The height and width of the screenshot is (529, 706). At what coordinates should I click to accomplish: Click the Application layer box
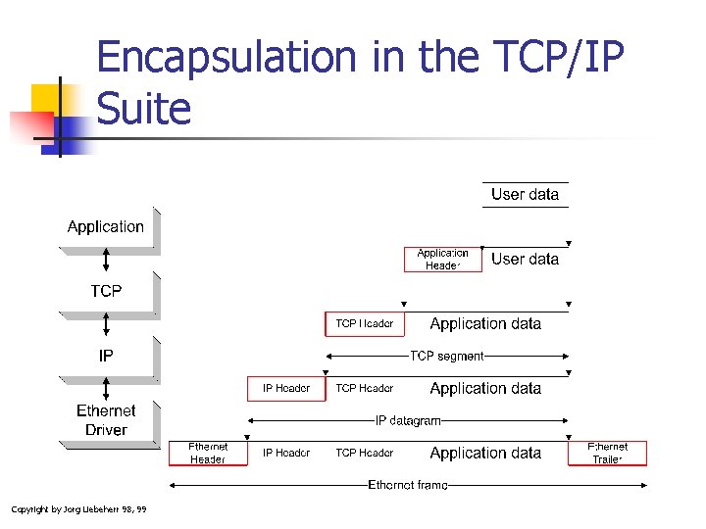tap(106, 227)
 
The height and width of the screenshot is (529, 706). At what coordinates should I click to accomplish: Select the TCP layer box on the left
tap(106, 291)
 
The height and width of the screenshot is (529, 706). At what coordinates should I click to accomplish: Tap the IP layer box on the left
tap(106, 356)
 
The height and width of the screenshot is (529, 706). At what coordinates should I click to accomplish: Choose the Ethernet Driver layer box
tap(106, 420)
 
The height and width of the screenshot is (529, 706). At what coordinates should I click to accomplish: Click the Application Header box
tap(443, 259)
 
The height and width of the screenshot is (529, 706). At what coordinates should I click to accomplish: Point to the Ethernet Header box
tap(208, 453)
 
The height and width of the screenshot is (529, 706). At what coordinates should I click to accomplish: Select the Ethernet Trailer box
tap(607, 453)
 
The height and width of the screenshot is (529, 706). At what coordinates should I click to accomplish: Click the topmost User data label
tap(525, 194)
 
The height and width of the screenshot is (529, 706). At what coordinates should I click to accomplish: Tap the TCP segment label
tap(447, 356)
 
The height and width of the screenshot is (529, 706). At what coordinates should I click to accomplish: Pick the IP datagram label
tap(409, 420)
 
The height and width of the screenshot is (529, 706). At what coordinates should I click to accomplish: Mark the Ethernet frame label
tap(408, 484)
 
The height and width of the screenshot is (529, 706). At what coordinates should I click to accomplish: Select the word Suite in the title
tap(144, 108)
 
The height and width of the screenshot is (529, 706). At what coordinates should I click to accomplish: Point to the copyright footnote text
tap(78, 508)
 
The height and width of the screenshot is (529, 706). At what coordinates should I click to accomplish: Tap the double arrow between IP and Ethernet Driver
tap(106, 389)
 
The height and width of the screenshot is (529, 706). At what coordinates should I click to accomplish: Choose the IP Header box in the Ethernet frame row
tap(286, 453)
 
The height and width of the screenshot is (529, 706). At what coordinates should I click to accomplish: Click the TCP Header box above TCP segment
tap(365, 323)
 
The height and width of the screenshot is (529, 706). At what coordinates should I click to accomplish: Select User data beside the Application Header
tap(525, 259)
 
